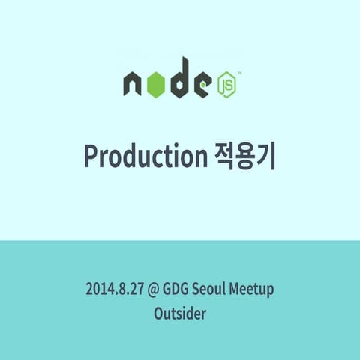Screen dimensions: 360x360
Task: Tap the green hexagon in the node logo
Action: [x=154, y=85]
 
